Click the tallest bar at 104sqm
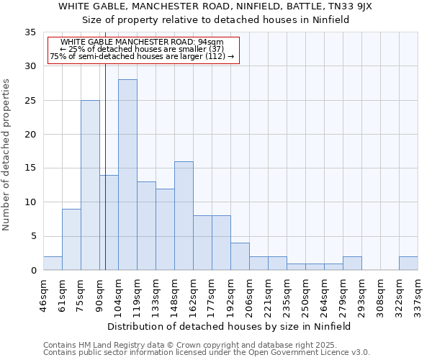(127, 174)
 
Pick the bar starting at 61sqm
(71, 239)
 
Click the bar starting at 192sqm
(240, 256)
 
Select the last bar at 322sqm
(408, 263)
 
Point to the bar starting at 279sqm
(352, 263)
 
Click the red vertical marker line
(105, 144)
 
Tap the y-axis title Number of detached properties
(6, 155)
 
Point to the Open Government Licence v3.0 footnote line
(206, 353)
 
